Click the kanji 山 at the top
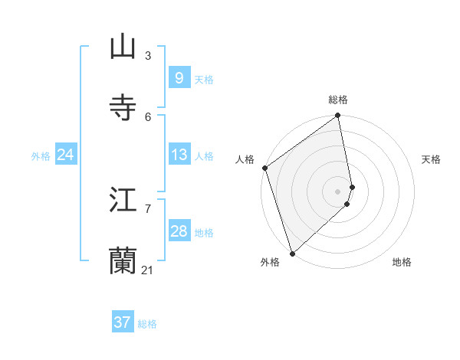pyautogui.click(x=123, y=46)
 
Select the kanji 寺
pyautogui.click(x=123, y=107)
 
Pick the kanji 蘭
pyautogui.click(x=123, y=261)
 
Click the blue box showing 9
pyautogui.click(x=179, y=78)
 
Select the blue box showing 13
pyautogui.click(x=179, y=155)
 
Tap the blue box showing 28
pyautogui.click(x=179, y=231)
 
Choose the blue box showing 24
pyautogui.click(x=65, y=155)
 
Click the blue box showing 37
pyautogui.click(x=122, y=322)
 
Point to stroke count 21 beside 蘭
pyautogui.click(x=148, y=270)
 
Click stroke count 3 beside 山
pyautogui.click(x=148, y=55)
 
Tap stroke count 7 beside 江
pyautogui.click(x=148, y=208)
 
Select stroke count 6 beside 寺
pyautogui.click(x=148, y=116)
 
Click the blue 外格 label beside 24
pyautogui.click(x=41, y=156)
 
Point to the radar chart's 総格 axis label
pyautogui.click(x=338, y=100)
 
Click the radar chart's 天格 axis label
pyautogui.click(x=432, y=159)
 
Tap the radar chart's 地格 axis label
pyautogui.click(x=402, y=263)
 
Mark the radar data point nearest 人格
pyautogui.click(x=264, y=169)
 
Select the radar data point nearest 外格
pyautogui.click(x=292, y=254)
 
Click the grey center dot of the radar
pyautogui.click(x=338, y=191)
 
